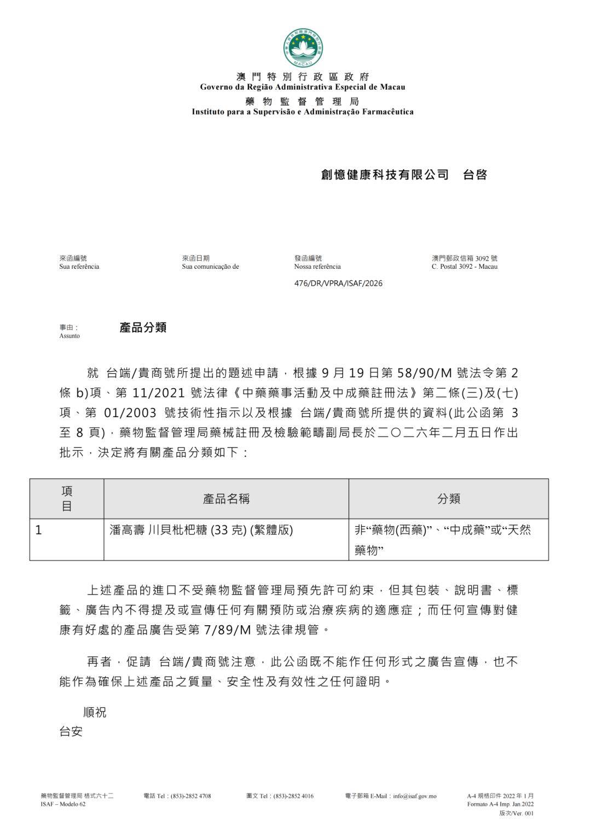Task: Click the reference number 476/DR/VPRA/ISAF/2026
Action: tap(338, 284)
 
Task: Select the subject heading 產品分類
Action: tap(143, 328)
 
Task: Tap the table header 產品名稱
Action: tap(226, 499)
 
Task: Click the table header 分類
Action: tap(448, 499)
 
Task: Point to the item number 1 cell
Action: tap(39, 531)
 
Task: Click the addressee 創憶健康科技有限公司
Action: tap(385, 175)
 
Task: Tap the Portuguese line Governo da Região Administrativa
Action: tap(302, 87)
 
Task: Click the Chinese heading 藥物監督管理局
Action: tap(302, 101)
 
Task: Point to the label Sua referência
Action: tap(79, 267)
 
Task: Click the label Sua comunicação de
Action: tap(210, 267)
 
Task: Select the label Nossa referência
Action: tap(317, 267)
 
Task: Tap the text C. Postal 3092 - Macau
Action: tap(464, 267)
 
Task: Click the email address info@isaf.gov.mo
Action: tap(414, 796)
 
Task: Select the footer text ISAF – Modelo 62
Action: tap(63, 804)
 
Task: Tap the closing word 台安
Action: tap(71, 731)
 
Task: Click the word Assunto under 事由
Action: tap(69, 336)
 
